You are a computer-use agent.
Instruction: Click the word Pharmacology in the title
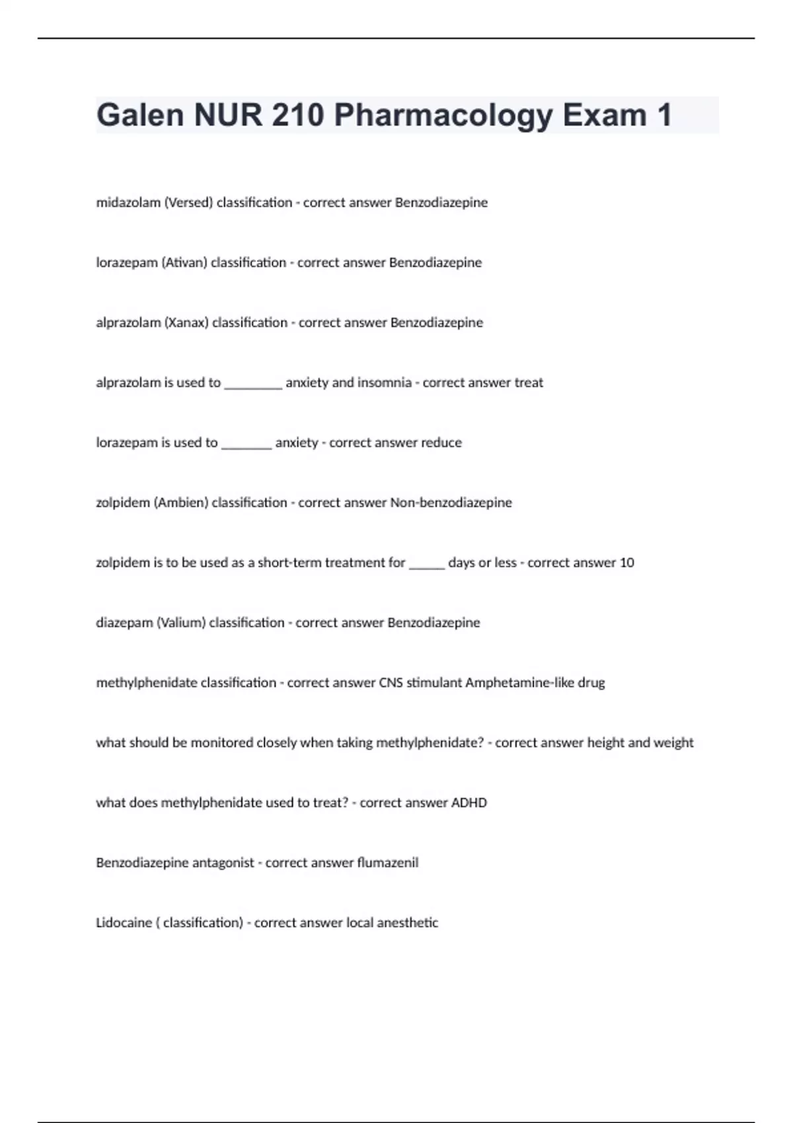[443, 115]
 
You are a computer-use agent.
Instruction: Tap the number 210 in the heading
[297, 115]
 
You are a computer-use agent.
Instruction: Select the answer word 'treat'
[528, 383]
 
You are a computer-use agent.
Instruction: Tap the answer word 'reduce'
[441, 443]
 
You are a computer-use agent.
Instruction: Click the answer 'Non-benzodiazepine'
[451, 503]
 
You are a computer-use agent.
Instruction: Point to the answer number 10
[626, 563]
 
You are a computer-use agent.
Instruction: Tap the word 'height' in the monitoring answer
[605, 743]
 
